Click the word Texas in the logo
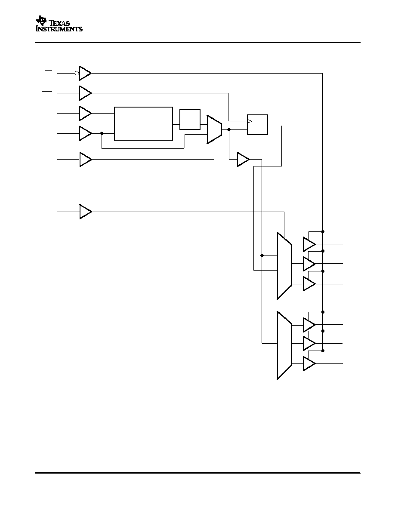59,23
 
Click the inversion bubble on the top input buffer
77,73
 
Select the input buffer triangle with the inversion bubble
85,73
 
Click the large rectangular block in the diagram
143,123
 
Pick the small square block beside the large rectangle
190,120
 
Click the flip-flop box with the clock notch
257,124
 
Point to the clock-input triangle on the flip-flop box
250,122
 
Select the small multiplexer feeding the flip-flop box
214,129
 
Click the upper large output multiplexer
284,265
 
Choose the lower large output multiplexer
284,345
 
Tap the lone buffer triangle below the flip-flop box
243,159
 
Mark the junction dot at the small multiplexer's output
229,129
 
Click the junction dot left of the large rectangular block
102,133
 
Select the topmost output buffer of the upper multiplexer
309,244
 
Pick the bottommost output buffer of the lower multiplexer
309,363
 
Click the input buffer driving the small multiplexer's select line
86,159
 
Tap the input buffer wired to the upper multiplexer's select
86,212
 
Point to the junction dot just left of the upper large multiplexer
262,255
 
